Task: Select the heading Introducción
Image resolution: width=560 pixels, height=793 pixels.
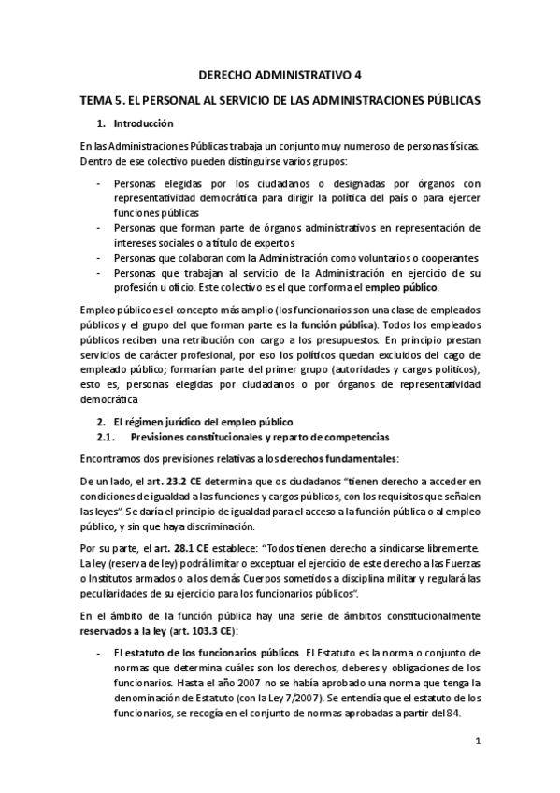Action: tap(143, 123)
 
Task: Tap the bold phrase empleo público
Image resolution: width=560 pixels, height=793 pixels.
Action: tap(401, 287)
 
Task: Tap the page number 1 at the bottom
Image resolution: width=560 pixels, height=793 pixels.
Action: tap(477, 742)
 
